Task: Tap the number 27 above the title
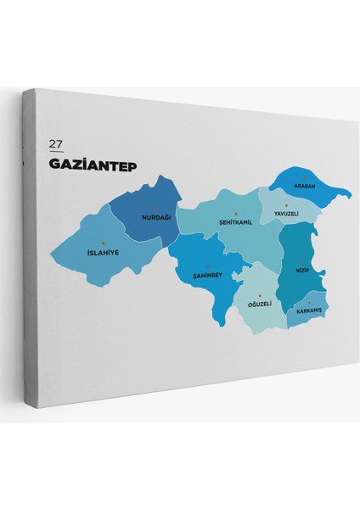57,143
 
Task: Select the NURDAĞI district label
156,217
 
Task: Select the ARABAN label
304,185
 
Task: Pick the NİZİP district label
303,269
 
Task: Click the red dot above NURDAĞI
156,208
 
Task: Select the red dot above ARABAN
304,176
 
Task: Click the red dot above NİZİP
302,260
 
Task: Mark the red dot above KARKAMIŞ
309,301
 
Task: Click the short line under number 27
57,150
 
